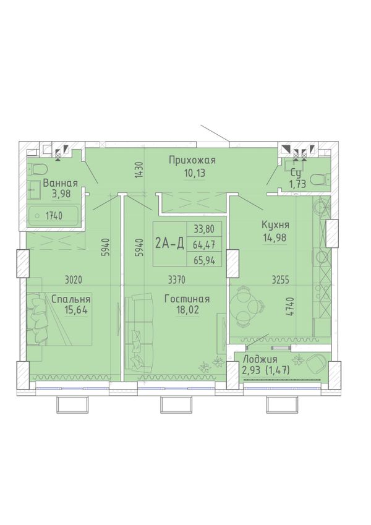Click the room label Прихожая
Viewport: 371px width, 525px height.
[x=192, y=161]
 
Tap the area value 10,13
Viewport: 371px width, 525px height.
[x=194, y=173]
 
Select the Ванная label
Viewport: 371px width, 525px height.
[x=60, y=183]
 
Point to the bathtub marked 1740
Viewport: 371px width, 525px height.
[x=54, y=216]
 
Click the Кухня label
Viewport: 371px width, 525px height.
[x=275, y=225]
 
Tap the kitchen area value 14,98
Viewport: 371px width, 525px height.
[x=275, y=237]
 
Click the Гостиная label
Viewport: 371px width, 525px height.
[x=187, y=299]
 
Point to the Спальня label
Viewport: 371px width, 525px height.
[x=71, y=299]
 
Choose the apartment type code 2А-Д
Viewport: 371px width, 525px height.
[x=170, y=244]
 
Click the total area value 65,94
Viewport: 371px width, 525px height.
[x=203, y=260]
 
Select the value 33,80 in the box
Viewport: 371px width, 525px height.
[x=203, y=229]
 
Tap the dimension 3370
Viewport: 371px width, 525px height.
[x=176, y=280]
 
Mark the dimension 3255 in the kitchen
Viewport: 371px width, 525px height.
[x=281, y=280]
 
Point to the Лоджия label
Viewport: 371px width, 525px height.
[x=260, y=360]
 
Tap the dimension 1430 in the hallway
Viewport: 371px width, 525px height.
[x=140, y=170]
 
